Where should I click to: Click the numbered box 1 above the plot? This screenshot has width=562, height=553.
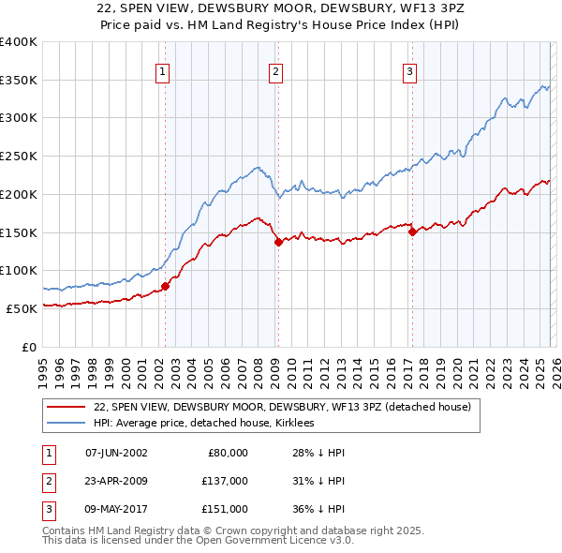163,71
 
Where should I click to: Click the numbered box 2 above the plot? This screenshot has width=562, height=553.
276,71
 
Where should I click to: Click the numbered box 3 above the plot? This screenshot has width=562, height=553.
410,71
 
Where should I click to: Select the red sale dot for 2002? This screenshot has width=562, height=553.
165,286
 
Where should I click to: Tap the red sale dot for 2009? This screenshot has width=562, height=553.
278,242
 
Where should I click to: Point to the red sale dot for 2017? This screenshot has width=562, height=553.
412,232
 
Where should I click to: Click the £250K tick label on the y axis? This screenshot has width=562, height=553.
18,157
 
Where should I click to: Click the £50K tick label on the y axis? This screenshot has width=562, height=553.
22,308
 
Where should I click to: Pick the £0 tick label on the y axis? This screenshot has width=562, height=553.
30,347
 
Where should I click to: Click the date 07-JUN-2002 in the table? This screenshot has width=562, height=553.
116,453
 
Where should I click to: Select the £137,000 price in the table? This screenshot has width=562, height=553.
225,481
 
